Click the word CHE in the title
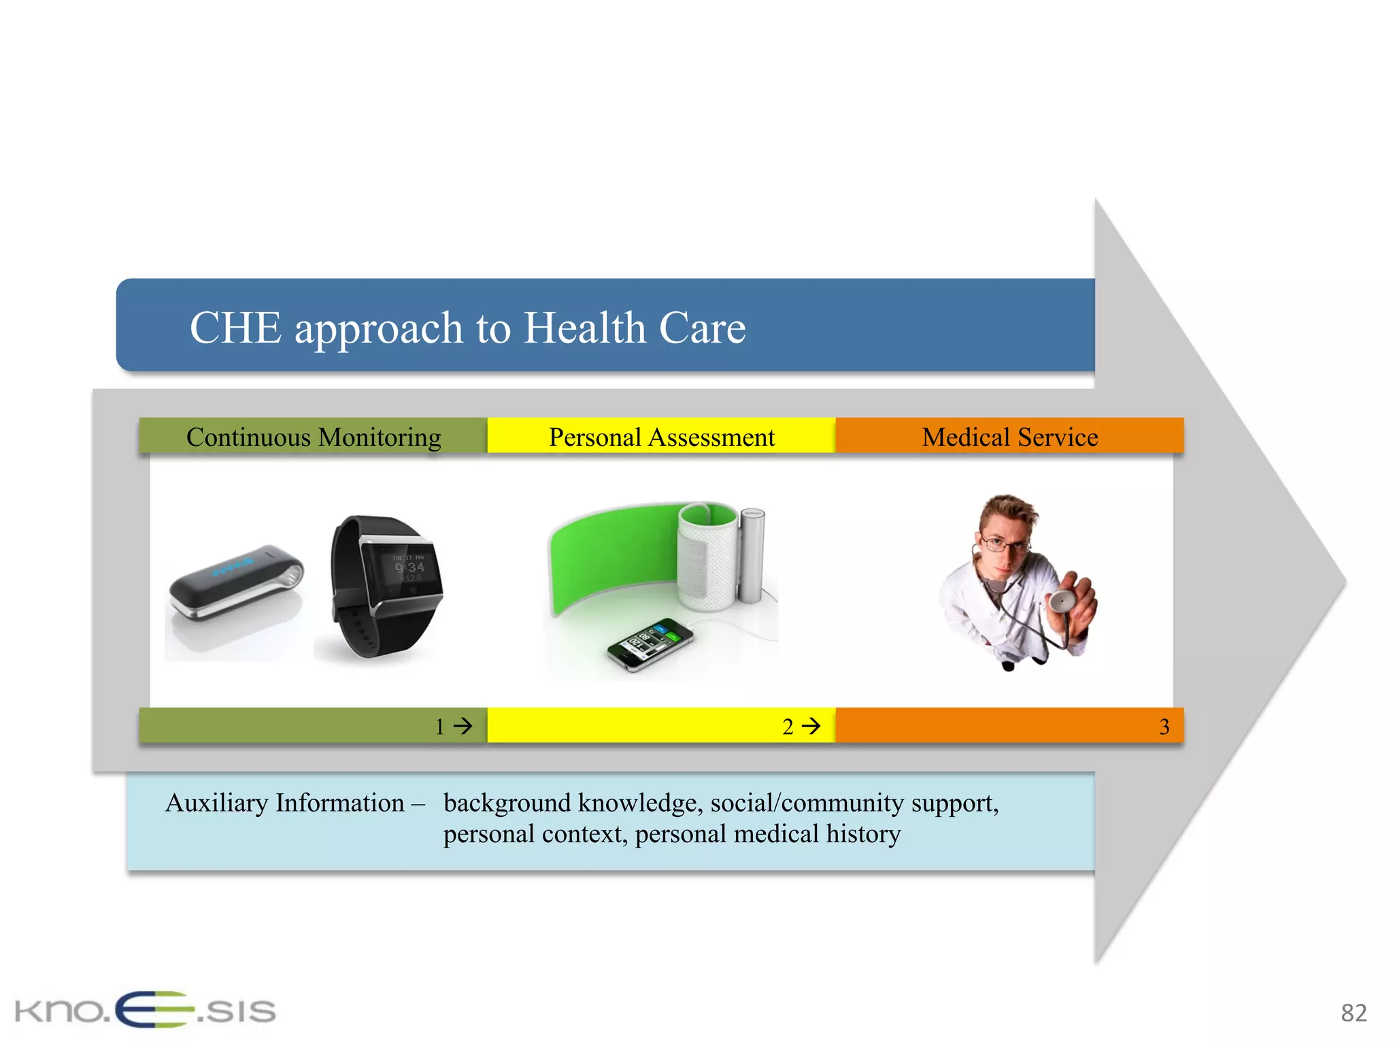(x=235, y=328)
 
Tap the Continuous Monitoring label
(x=314, y=437)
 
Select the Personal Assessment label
(x=661, y=437)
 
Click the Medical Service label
(x=1009, y=437)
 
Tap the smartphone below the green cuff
(x=650, y=643)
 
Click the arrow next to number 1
(x=463, y=726)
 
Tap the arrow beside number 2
(x=811, y=726)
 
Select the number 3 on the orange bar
(x=1164, y=727)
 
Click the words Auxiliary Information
(x=285, y=803)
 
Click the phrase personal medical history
(x=768, y=834)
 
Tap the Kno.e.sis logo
(x=145, y=1011)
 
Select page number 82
(x=1353, y=1013)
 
